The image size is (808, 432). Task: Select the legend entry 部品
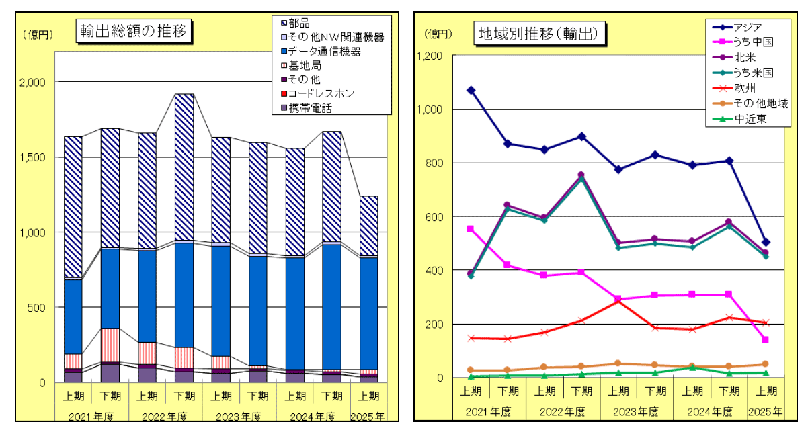tap(300, 24)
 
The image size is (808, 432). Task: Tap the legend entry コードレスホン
tap(321, 93)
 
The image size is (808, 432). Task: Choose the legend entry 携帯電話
tap(310, 107)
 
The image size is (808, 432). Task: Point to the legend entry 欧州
tap(742, 88)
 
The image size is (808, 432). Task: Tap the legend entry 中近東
tap(747, 119)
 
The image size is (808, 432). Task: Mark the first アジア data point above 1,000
tap(471, 90)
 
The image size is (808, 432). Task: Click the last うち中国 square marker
tap(765, 339)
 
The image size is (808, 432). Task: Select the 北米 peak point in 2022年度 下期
tap(581, 175)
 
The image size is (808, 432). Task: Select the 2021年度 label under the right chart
tap(489, 411)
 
